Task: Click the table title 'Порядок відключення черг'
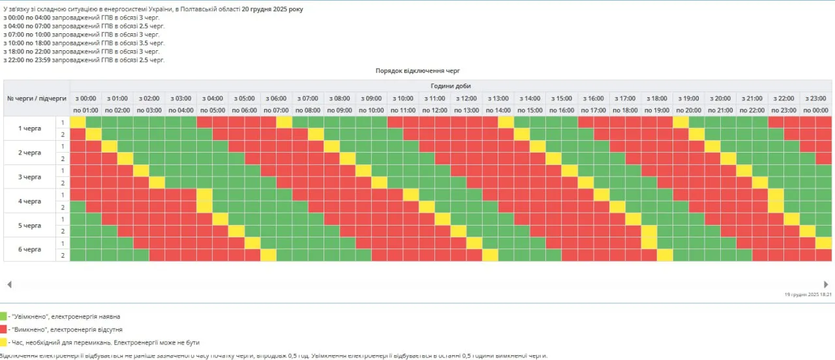418,70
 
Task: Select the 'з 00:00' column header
85,98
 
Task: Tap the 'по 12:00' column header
435,110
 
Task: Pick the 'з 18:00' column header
657,98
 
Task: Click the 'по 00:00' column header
816,110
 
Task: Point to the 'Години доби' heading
450,86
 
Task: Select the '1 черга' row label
30,128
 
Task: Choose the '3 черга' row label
30,177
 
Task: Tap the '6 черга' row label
30,250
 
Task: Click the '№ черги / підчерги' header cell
37,98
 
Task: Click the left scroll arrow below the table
9,284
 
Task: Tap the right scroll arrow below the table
826,284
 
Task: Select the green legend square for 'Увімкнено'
3,316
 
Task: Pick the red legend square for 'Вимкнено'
3,329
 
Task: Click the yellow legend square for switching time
3,342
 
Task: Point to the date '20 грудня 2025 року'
272,10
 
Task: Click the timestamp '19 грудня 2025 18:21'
808,295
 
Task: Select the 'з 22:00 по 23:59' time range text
27,60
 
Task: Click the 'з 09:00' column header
371,98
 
